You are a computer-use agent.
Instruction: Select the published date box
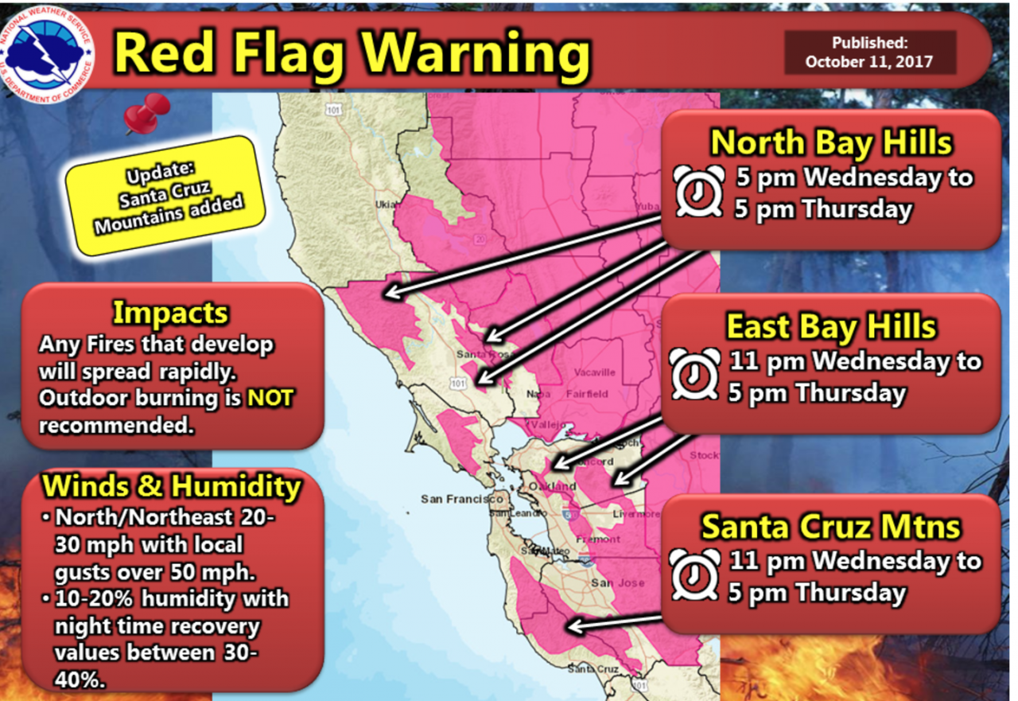[869, 53]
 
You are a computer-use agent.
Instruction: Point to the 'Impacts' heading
[170, 313]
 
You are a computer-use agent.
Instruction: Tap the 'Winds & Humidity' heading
[172, 485]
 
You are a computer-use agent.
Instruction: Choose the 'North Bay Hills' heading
[830, 142]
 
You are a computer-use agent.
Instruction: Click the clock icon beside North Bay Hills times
[699, 191]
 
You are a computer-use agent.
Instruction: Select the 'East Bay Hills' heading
[831, 327]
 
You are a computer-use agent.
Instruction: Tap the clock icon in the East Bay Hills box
[695, 374]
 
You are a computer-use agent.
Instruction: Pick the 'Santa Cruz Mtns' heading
[830, 527]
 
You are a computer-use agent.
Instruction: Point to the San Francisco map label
[462, 500]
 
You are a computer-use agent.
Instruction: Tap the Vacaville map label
[592, 372]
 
